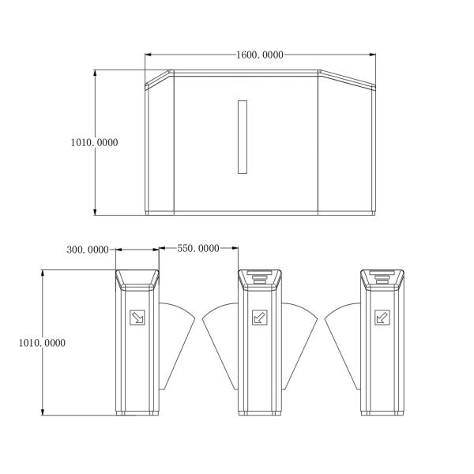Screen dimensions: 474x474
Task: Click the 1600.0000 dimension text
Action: (x=260, y=55)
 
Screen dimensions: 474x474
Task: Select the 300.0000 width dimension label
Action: (x=88, y=250)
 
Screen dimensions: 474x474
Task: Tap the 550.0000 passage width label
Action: (x=197, y=248)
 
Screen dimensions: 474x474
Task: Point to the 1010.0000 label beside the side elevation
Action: (x=94, y=142)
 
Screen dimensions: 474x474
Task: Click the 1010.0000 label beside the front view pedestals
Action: (x=41, y=343)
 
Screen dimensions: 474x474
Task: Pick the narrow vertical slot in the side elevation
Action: (x=243, y=137)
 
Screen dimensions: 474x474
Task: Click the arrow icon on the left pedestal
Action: (x=137, y=318)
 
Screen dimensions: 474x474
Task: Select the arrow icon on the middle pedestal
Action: (x=259, y=318)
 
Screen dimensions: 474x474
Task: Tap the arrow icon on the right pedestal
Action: (x=382, y=318)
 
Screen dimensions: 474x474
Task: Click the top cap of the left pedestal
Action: (x=137, y=277)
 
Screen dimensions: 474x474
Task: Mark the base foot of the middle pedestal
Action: (x=259, y=412)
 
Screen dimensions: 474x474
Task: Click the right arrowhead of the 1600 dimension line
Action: (x=372, y=55)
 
